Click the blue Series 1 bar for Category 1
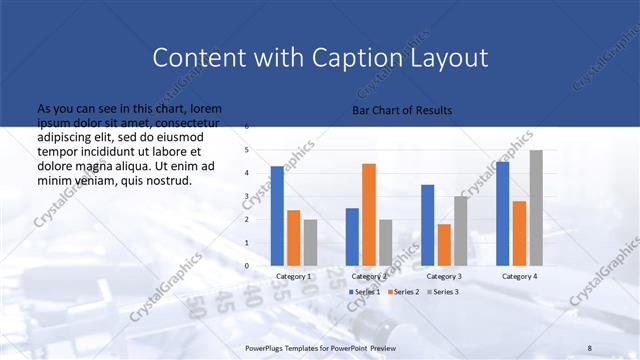(277, 216)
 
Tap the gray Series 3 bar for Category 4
(536, 208)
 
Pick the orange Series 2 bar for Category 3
(444, 245)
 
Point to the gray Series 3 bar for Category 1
(310, 243)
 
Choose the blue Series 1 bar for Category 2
(352, 237)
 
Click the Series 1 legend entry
(365, 291)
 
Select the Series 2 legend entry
(402, 291)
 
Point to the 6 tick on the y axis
(247, 127)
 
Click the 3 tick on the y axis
(247, 196)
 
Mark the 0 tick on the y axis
(247, 266)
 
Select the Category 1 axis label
(294, 276)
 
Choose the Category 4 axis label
(519, 276)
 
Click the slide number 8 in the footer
(589, 347)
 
